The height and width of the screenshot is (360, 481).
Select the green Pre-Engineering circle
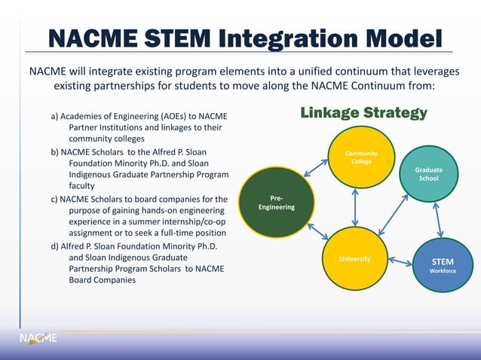[x=276, y=203]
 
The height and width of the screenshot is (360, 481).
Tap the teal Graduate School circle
[x=427, y=174]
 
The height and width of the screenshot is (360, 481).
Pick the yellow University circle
[x=354, y=258]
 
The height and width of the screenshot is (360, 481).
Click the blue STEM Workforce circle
[x=442, y=264]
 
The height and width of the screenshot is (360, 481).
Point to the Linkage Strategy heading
[x=363, y=113]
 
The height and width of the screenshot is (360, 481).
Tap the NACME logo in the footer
[x=38, y=339]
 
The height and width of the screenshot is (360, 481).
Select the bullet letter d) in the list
[x=55, y=245]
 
